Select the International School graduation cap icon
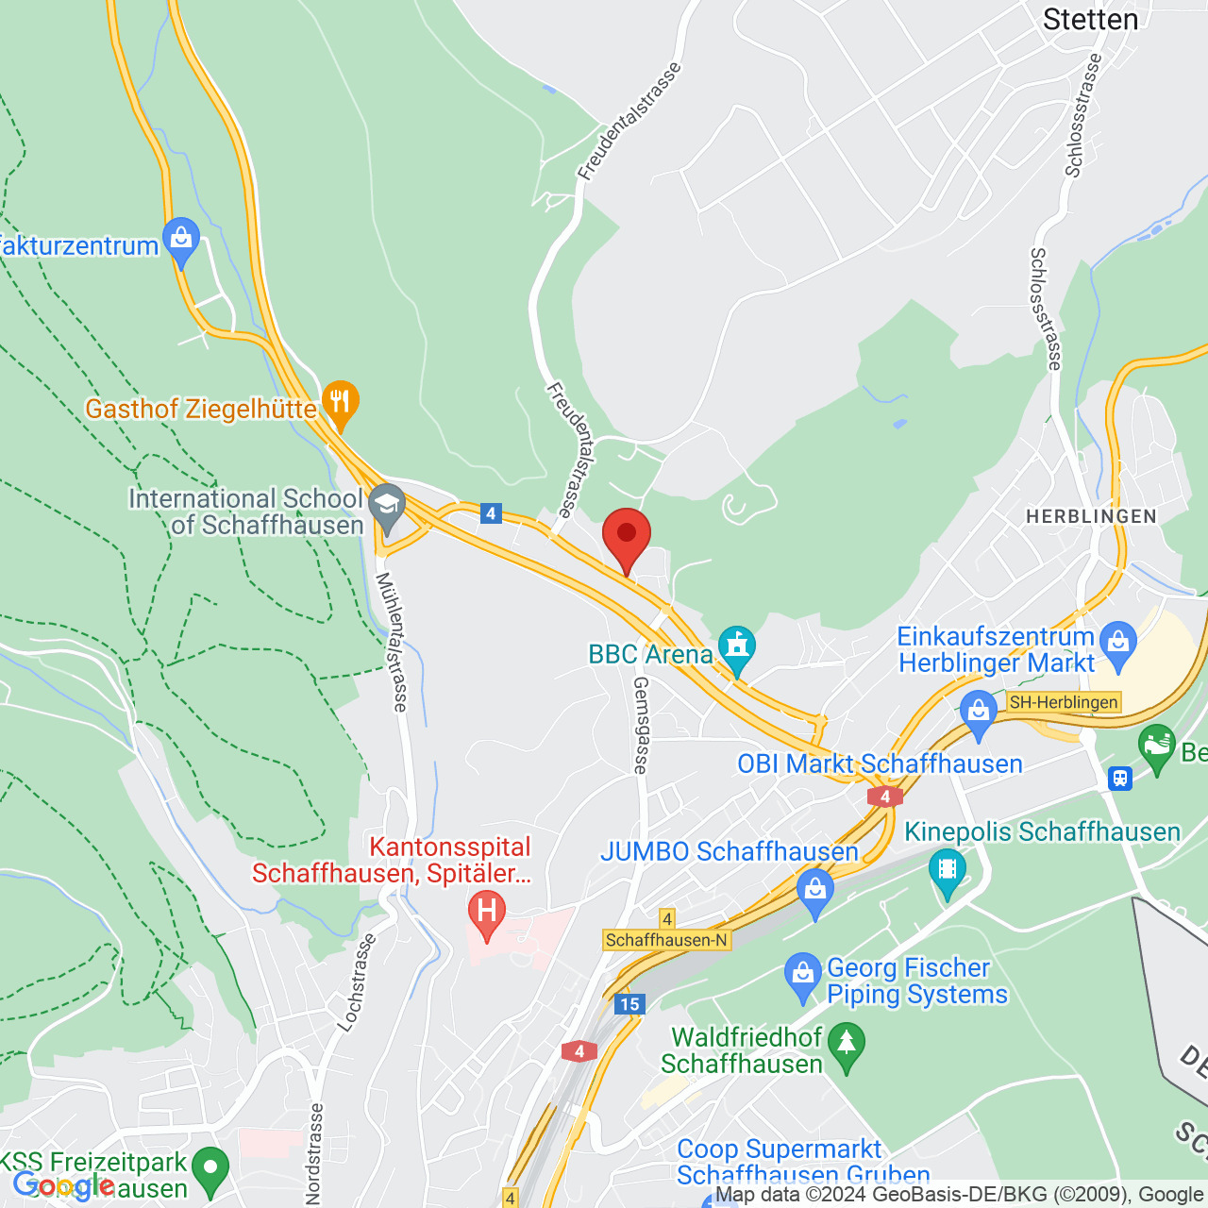point(385,508)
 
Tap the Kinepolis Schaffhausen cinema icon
point(947,871)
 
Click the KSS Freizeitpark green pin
point(210,1170)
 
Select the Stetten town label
point(1090,19)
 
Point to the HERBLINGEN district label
point(1091,516)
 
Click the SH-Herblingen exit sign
point(1063,702)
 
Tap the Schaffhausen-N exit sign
point(666,940)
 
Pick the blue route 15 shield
point(629,1004)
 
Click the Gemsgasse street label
point(641,725)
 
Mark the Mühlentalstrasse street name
point(392,642)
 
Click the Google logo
point(64,1185)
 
